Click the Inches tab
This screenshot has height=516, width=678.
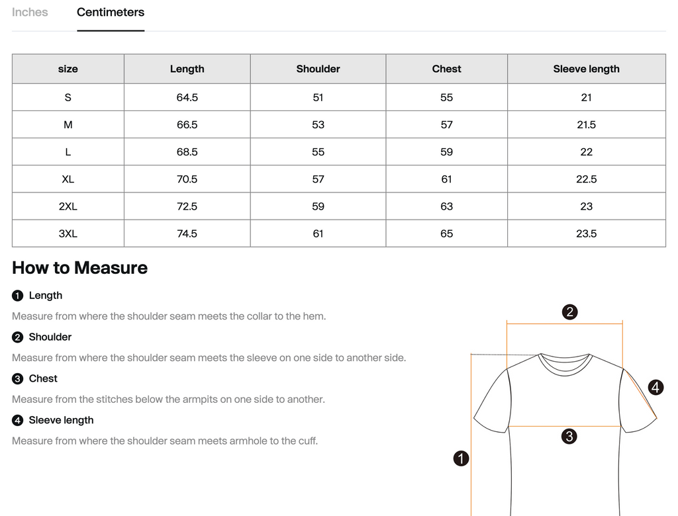(x=30, y=12)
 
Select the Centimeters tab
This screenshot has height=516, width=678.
(x=111, y=12)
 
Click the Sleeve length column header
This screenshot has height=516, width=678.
(x=587, y=69)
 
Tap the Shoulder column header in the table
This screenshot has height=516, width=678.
(x=318, y=69)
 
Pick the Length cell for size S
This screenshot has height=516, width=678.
(x=187, y=97)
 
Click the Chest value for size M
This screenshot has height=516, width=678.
(x=447, y=124)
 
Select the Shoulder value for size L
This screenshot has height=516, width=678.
(x=318, y=151)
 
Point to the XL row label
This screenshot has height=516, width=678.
(x=68, y=179)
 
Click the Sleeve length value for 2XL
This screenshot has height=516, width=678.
(x=587, y=206)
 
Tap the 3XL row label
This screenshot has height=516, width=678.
(x=68, y=234)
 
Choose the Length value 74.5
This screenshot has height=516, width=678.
(x=187, y=234)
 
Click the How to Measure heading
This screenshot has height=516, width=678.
(x=79, y=268)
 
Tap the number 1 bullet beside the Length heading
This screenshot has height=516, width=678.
(x=17, y=296)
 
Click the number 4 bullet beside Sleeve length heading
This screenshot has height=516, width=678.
(x=17, y=420)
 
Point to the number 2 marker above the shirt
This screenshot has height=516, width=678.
(x=569, y=312)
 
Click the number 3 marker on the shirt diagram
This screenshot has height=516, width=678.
(x=569, y=436)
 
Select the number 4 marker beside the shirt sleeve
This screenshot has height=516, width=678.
(x=655, y=387)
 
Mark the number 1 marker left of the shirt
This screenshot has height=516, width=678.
(x=461, y=458)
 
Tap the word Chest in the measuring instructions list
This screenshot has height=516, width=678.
(x=43, y=378)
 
